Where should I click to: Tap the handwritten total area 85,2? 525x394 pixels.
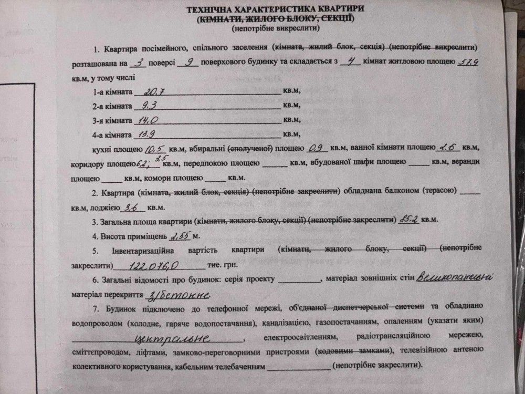(x=408, y=218)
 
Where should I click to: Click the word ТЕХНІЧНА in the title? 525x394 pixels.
(x=217, y=9)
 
